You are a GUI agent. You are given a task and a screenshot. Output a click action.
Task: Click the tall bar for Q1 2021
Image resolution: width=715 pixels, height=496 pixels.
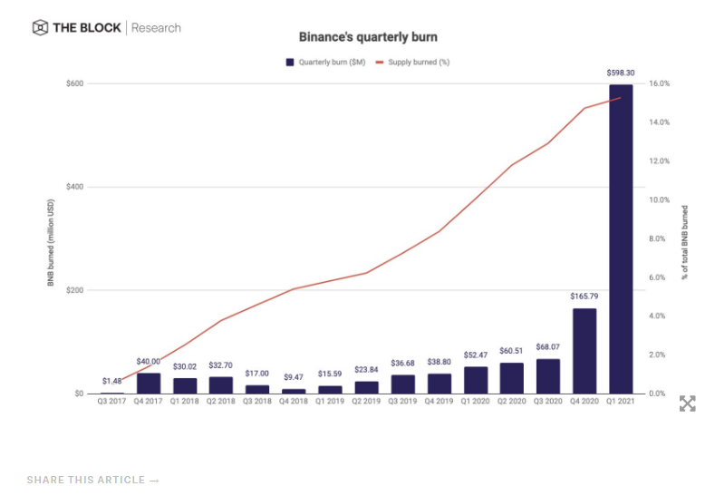621,240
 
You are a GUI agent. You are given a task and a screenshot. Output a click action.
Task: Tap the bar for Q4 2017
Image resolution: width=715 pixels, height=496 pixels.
149,384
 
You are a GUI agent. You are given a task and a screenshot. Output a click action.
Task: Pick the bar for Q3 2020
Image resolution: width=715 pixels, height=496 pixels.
548,376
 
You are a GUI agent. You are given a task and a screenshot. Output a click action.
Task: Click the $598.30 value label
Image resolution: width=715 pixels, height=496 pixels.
621,73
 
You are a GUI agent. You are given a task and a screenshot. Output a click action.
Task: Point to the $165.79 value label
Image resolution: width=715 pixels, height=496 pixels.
585,297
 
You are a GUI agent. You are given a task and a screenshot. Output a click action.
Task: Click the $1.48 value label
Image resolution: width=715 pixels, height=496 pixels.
112,380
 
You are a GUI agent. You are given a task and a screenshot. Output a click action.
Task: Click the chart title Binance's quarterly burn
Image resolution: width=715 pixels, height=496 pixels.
358,37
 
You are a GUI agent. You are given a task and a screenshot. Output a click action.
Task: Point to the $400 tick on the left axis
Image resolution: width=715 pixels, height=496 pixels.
76,187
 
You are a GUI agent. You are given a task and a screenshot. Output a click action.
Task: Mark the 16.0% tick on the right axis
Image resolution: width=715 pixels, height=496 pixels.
659,83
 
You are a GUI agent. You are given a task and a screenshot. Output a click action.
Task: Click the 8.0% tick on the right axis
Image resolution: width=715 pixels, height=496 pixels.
659,239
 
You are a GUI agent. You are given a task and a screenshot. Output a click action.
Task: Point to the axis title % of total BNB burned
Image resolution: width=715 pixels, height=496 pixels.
686,239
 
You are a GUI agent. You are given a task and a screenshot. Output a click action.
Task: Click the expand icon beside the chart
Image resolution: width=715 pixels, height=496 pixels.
688,404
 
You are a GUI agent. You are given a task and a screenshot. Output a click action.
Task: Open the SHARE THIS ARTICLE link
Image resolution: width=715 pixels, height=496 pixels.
93,480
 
